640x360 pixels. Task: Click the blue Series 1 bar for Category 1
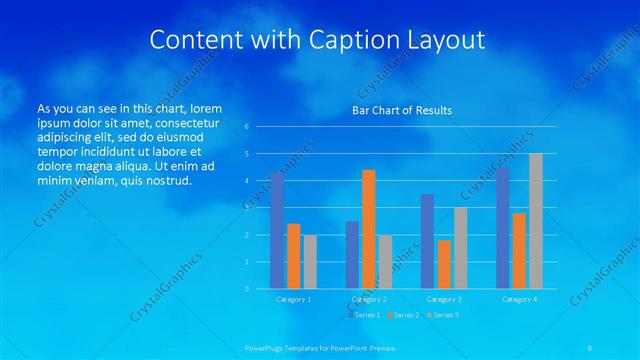click(x=277, y=231)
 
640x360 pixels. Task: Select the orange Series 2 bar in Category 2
click(x=368, y=229)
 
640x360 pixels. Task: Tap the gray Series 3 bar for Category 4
click(x=536, y=221)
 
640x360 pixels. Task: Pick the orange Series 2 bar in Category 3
click(x=444, y=264)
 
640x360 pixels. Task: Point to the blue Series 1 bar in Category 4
click(x=502, y=228)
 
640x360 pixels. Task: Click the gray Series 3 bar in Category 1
click(x=310, y=262)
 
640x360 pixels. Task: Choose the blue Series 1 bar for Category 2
click(x=352, y=255)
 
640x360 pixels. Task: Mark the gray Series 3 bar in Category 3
click(x=460, y=248)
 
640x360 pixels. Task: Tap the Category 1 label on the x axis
click(x=294, y=299)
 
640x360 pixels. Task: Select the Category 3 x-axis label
click(x=444, y=299)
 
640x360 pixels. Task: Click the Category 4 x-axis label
click(x=519, y=299)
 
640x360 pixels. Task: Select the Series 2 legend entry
click(x=404, y=315)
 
